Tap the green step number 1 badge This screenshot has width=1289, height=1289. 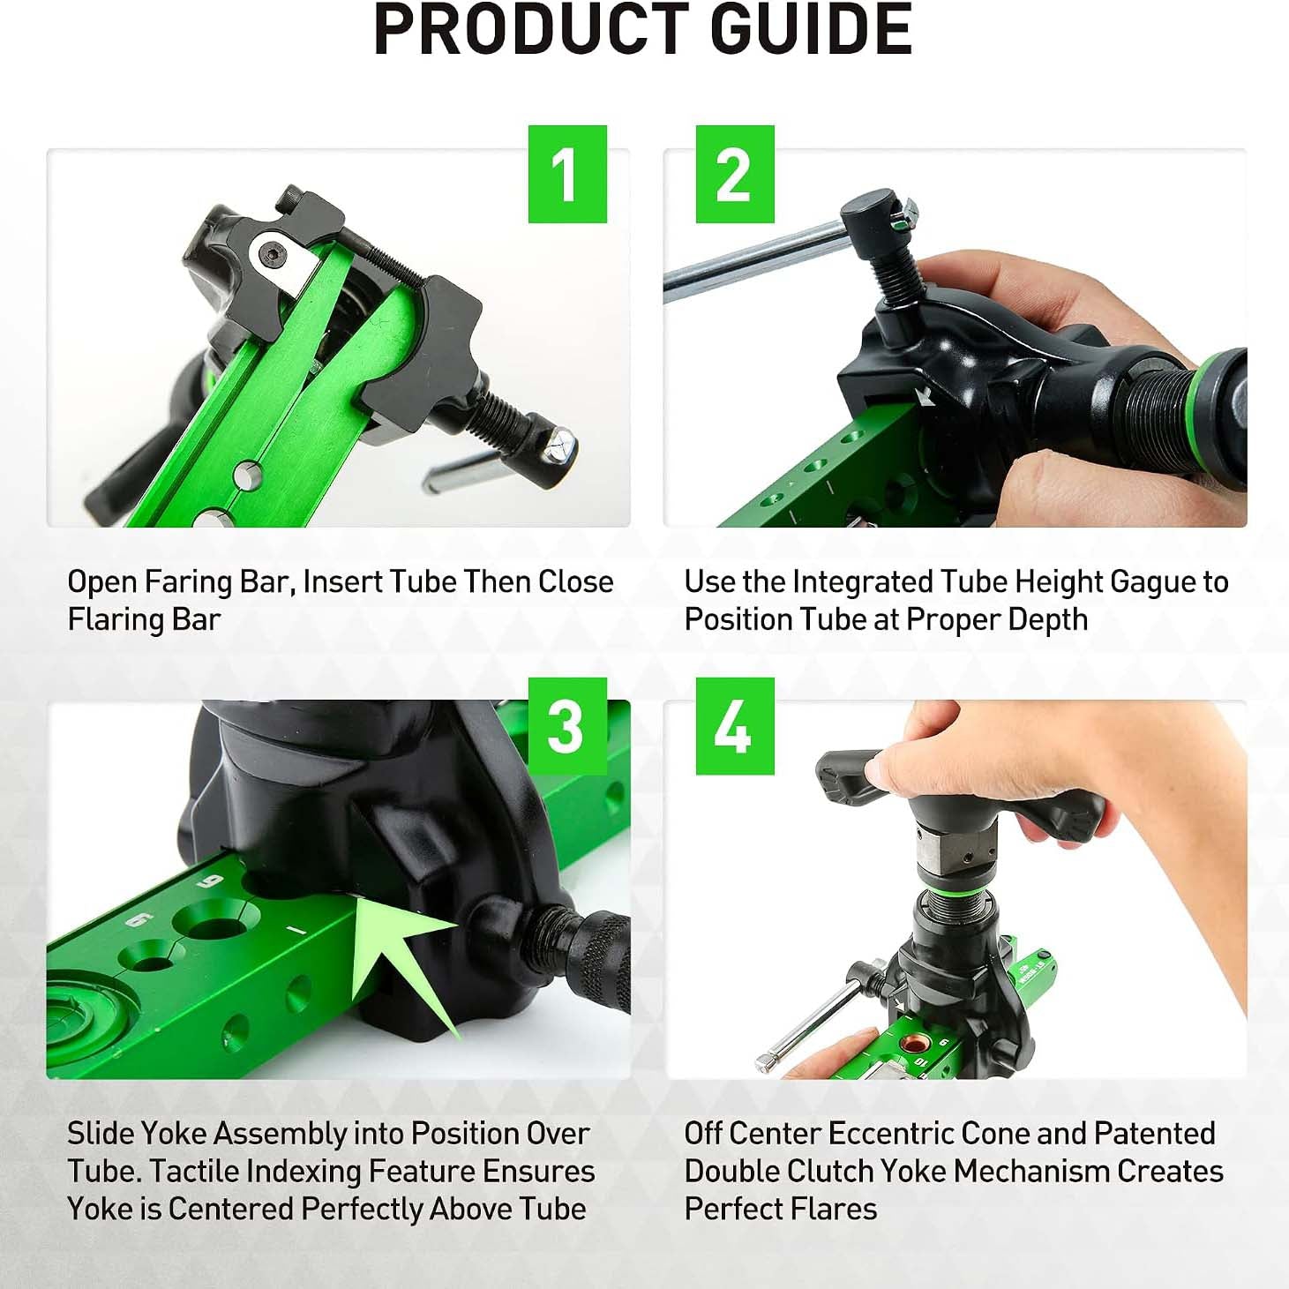tap(567, 174)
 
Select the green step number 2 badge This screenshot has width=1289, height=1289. tap(735, 174)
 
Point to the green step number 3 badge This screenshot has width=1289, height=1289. tap(567, 726)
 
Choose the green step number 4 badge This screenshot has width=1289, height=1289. tap(735, 726)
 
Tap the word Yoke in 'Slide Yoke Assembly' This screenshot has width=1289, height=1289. tap(176, 1134)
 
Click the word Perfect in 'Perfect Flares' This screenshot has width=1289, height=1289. tap(732, 1209)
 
